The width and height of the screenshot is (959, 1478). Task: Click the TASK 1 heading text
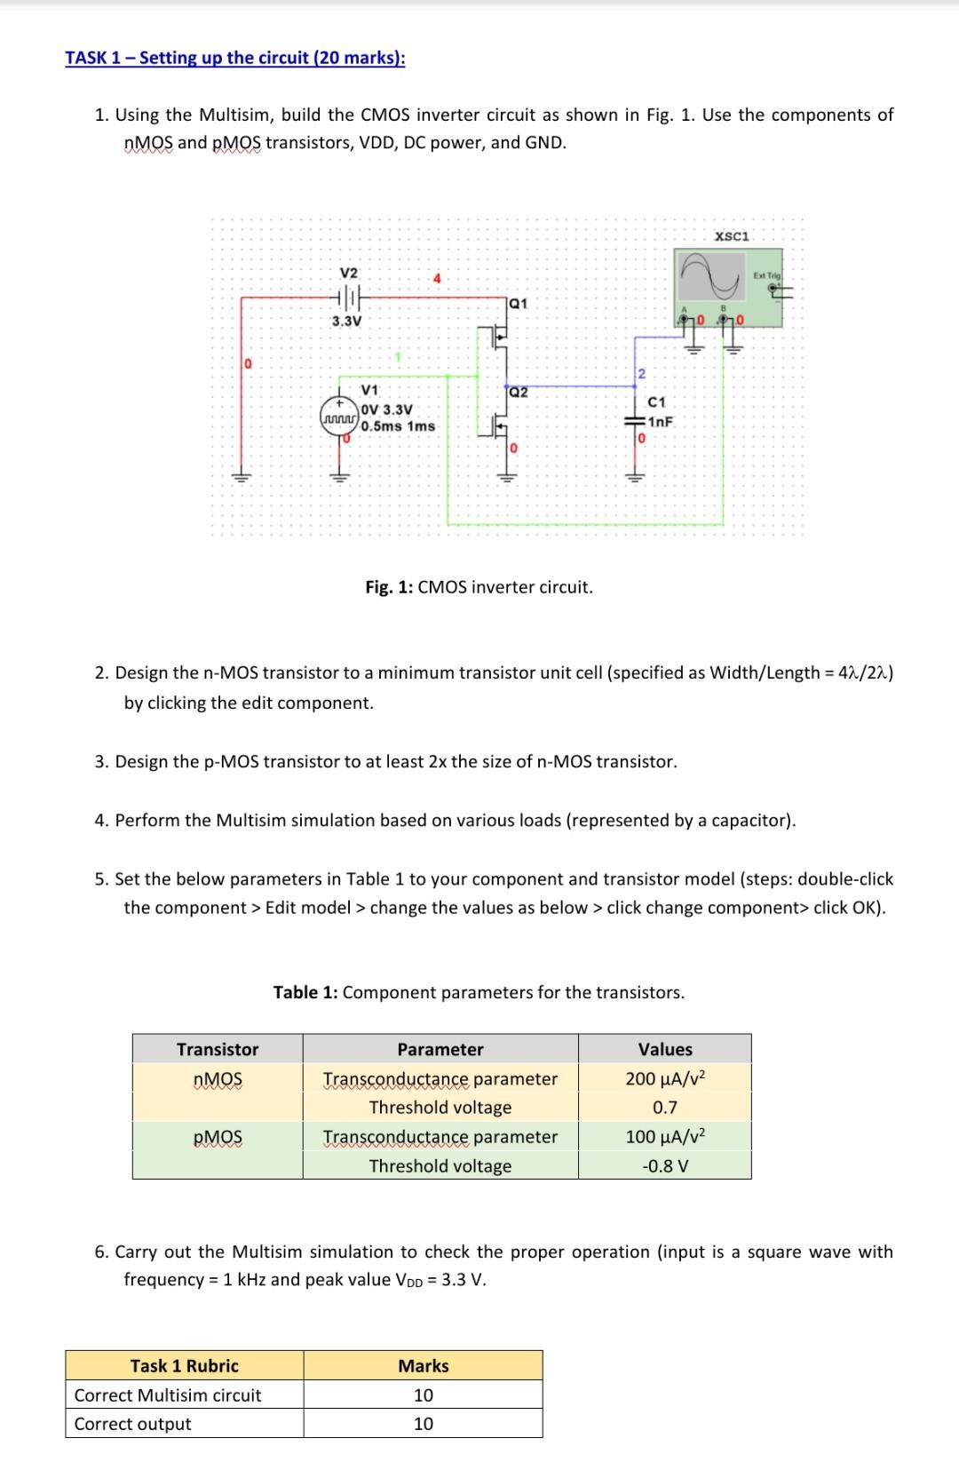234,58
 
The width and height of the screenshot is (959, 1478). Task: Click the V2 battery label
349,272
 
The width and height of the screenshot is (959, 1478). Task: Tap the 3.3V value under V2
346,321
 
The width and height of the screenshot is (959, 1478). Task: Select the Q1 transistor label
519,303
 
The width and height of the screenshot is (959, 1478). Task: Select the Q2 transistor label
519,392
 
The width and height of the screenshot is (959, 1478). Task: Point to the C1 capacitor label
657,402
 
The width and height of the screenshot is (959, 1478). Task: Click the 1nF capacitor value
660,422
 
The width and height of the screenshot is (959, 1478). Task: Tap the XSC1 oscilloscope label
733,236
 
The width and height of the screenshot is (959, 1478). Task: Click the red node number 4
436,279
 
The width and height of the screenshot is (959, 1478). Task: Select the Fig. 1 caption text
479,587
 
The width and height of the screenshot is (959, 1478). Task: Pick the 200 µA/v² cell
664,1079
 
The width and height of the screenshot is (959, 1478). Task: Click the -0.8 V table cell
664,1165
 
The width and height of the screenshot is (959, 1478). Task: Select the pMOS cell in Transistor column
218,1137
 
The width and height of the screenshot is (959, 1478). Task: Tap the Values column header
664,1049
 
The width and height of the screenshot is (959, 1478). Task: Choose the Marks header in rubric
423,1366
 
